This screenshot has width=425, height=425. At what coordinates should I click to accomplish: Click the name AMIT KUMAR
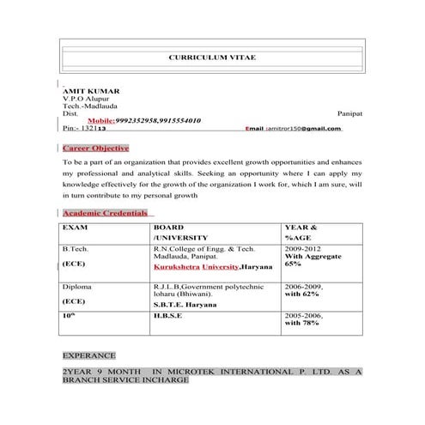coord(92,90)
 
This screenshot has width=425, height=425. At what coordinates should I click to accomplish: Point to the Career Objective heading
coord(95,148)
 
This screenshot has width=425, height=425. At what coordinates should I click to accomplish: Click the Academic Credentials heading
coord(106,213)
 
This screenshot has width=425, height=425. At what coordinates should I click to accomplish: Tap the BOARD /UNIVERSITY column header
coord(180,232)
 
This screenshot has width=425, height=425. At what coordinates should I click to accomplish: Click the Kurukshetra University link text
coord(197,267)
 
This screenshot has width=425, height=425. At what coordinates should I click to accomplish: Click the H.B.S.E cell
coord(167,316)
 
